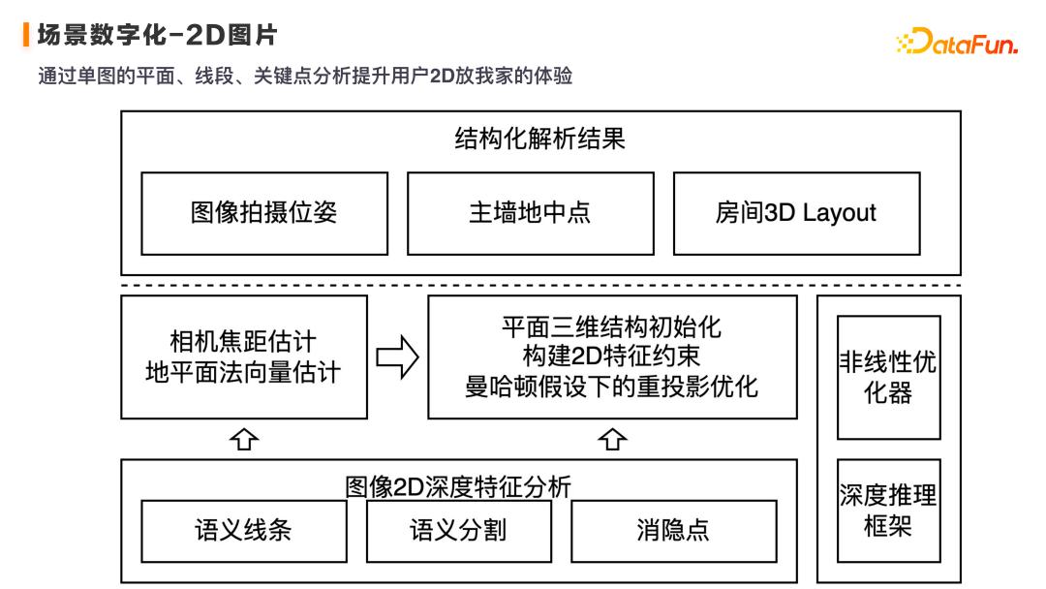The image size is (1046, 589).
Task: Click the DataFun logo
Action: point(956,44)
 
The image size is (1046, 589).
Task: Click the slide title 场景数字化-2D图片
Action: point(158,36)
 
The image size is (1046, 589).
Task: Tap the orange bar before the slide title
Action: point(26,36)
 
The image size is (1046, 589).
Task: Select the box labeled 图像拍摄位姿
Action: point(263,213)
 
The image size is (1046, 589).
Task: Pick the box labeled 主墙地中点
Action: point(529,213)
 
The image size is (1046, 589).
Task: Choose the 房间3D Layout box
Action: point(795,213)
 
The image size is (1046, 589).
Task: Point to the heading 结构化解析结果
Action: point(540,139)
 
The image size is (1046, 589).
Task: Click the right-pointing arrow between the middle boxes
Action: point(397,357)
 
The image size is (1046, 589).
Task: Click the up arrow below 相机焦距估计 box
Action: point(245,440)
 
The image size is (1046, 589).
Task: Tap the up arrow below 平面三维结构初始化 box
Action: point(611,440)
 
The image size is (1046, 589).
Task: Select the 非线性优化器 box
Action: point(888,377)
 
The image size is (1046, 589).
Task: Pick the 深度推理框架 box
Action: point(888,511)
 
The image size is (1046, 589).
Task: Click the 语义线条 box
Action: point(243,530)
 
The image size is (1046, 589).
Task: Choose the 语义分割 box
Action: point(458,530)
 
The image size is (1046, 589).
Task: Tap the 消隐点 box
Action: point(673,530)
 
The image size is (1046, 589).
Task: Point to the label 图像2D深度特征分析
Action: point(458,486)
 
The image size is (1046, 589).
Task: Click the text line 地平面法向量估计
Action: point(243,372)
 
